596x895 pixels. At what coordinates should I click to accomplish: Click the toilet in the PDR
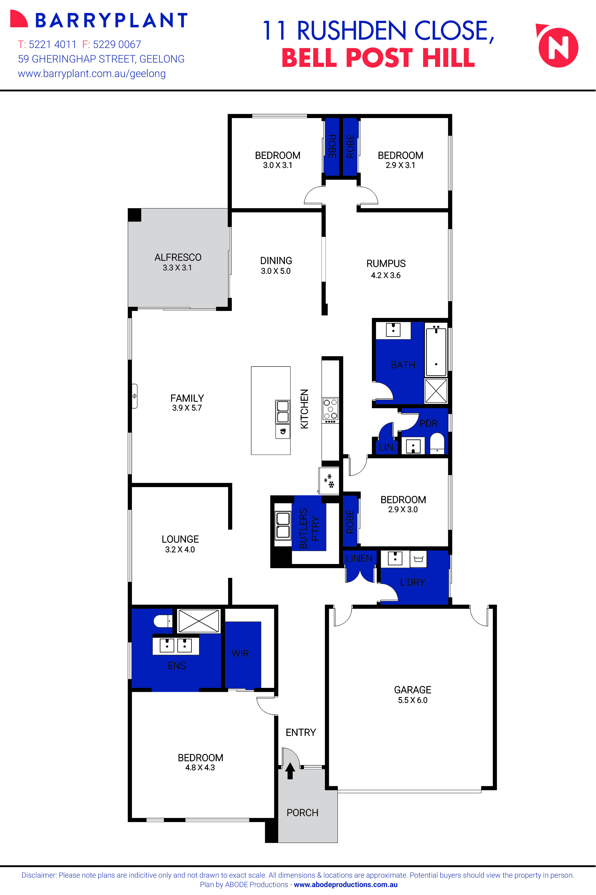[x=437, y=443]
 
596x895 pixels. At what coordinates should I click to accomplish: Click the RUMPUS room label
[x=386, y=263]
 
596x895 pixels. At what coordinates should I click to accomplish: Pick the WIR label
[x=240, y=653]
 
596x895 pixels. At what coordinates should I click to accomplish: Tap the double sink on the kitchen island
[x=282, y=411]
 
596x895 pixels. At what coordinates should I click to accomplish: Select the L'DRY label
[x=412, y=582]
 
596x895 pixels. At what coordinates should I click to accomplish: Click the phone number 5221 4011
[x=52, y=44]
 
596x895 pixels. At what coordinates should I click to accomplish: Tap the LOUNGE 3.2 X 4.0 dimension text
[x=180, y=549]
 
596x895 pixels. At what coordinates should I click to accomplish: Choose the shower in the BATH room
[x=436, y=391]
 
